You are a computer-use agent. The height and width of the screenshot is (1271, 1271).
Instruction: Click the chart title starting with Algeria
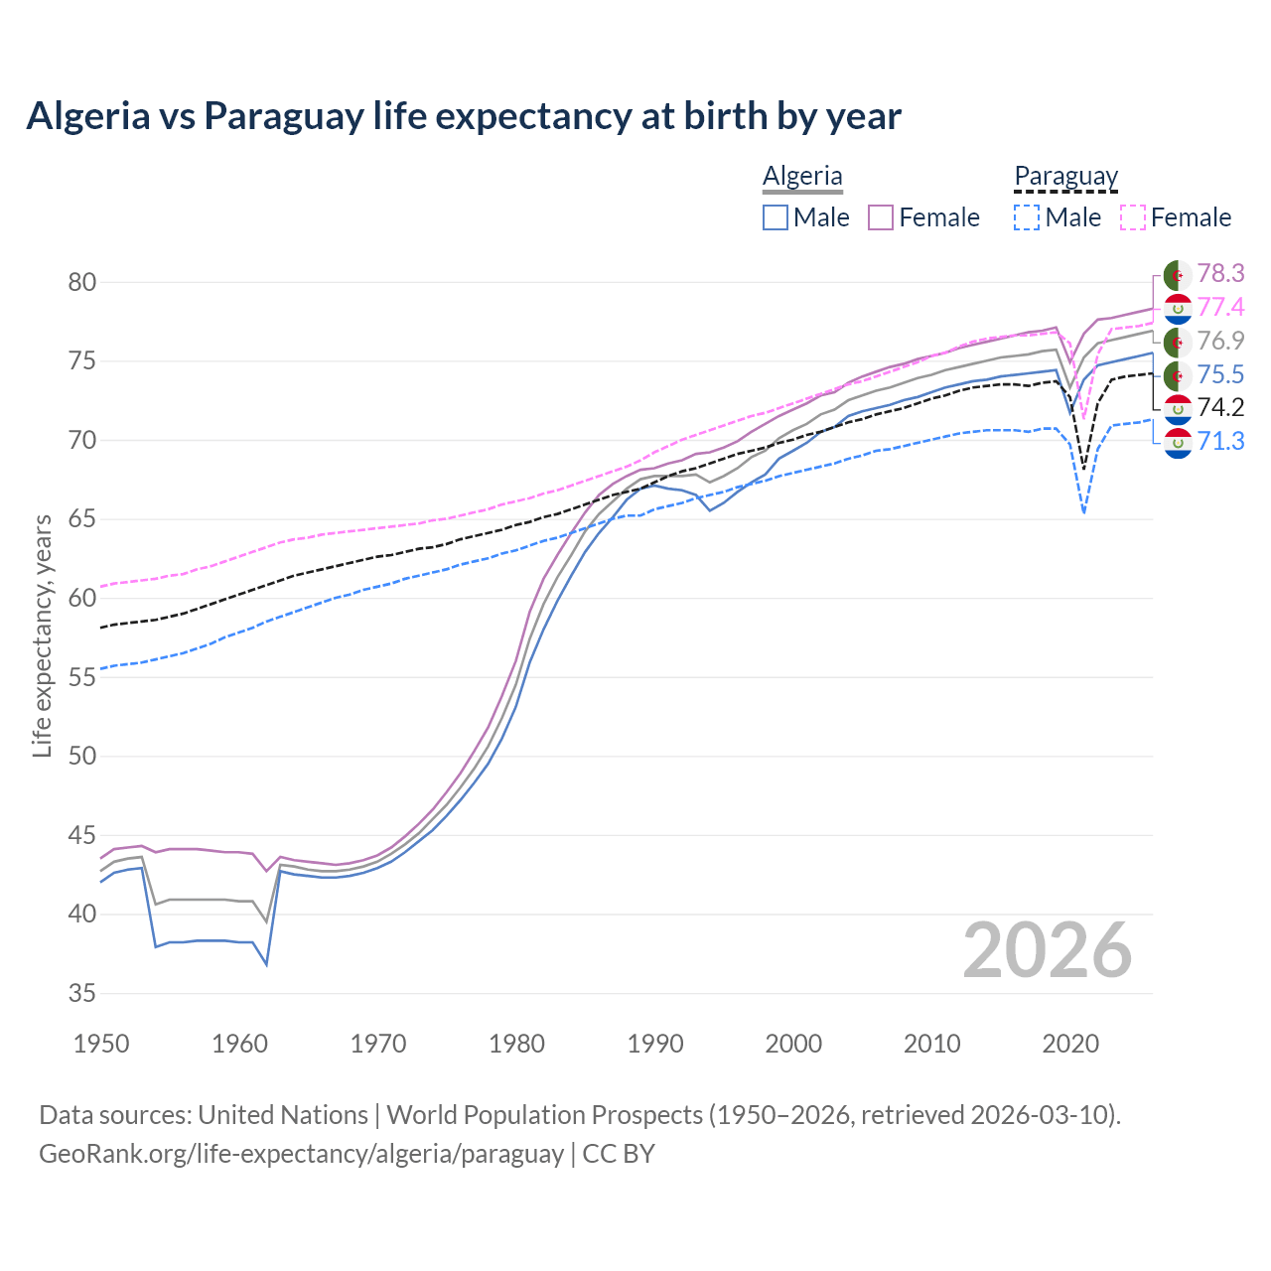click(464, 116)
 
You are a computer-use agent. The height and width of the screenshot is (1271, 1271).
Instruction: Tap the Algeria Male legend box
click(776, 217)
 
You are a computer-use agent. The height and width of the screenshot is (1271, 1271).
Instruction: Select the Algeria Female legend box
click(881, 217)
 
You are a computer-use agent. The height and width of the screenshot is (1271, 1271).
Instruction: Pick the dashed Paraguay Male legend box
click(1027, 217)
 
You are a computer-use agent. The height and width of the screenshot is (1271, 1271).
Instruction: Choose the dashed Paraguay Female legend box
click(1133, 217)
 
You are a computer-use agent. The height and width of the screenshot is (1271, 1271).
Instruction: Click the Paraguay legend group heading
click(1065, 177)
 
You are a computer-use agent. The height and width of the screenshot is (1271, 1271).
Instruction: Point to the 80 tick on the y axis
click(82, 282)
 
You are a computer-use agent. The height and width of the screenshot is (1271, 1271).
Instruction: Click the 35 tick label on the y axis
click(82, 993)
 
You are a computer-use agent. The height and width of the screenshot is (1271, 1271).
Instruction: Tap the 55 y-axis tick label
click(82, 677)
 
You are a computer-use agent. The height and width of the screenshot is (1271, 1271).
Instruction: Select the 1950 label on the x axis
click(101, 1044)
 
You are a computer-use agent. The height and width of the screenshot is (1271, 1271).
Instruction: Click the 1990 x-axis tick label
click(655, 1044)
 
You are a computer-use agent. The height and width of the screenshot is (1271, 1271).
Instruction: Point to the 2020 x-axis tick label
click(1070, 1044)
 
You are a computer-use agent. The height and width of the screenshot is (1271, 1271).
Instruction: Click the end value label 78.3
click(1220, 274)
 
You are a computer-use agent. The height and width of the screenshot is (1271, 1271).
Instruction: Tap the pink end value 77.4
click(1220, 308)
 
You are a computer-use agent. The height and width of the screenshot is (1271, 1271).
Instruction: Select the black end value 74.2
click(1220, 408)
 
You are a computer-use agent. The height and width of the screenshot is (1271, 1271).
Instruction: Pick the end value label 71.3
click(1220, 442)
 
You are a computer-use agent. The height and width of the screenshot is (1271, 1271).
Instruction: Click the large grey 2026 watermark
click(1047, 950)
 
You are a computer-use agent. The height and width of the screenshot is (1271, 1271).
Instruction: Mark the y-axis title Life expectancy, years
click(42, 635)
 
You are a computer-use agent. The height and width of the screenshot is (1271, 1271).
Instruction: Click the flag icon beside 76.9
click(1178, 342)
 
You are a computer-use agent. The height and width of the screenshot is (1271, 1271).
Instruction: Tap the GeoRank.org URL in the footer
click(301, 1154)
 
